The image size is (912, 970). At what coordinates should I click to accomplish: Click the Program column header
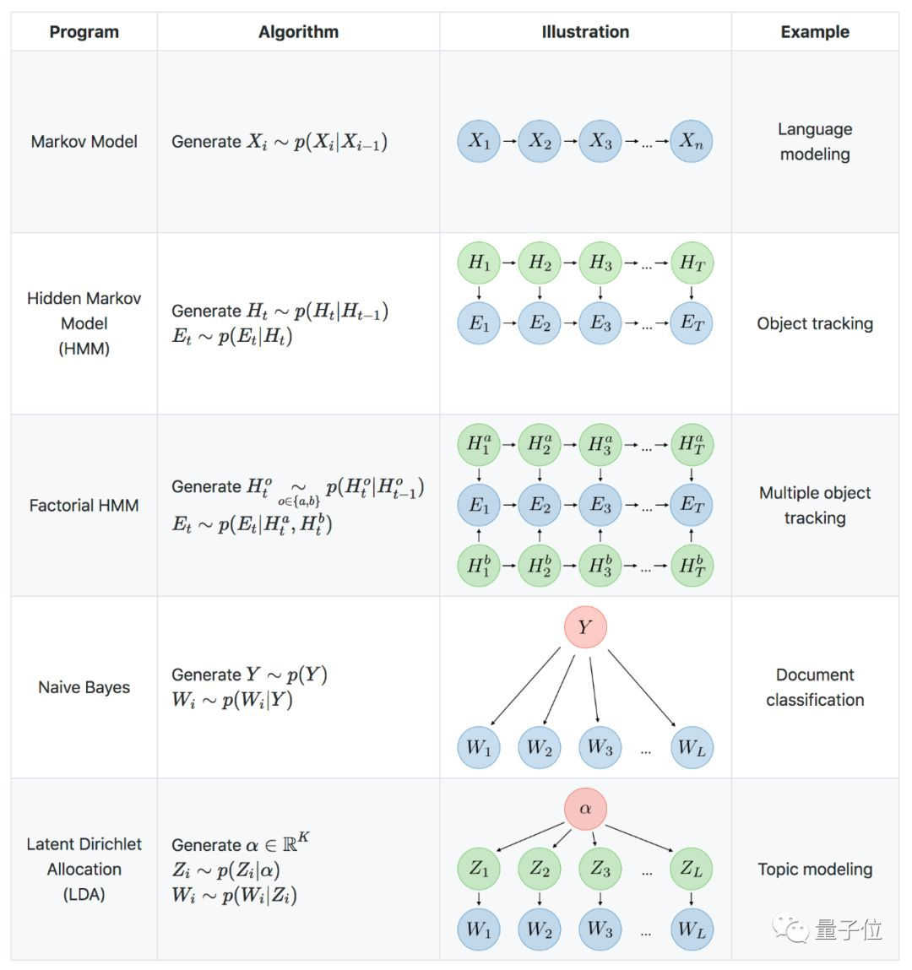(x=84, y=31)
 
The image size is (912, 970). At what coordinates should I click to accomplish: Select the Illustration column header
(x=585, y=31)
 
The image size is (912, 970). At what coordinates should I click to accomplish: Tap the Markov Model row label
(x=84, y=142)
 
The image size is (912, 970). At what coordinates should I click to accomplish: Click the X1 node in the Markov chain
(x=479, y=141)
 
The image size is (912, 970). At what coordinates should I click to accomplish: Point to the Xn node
(x=691, y=141)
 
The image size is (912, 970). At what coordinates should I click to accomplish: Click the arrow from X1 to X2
(x=509, y=142)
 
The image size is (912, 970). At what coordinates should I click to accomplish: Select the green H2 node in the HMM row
(x=540, y=263)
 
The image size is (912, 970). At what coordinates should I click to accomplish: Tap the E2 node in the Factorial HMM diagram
(x=540, y=505)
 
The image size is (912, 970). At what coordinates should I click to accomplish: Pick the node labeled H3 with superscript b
(x=600, y=566)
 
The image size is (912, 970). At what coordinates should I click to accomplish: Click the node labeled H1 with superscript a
(x=479, y=444)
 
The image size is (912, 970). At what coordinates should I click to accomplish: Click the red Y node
(x=585, y=627)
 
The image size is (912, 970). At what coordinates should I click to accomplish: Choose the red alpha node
(x=585, y=809)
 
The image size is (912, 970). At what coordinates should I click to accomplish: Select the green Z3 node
(x=600, y=869)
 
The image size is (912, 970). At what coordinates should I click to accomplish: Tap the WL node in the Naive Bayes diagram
(x=692, y=747)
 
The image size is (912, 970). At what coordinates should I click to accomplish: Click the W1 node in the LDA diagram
(x=479, y=929)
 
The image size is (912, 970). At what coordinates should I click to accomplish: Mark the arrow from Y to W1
(x=525, y=686)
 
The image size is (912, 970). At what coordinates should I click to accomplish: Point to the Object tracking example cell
(x=815, y=323)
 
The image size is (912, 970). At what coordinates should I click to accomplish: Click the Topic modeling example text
(x=815, y=870)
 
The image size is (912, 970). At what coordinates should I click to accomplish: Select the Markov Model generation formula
(x=280, y=143)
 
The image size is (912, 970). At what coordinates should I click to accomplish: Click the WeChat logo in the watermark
(x=790, y=928)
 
